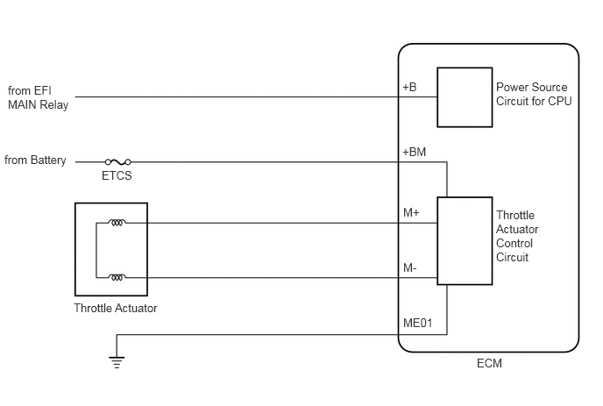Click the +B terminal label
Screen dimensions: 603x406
coord(409,87)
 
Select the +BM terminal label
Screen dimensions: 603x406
coord(415,152)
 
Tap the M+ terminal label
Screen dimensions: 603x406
coord(411,212)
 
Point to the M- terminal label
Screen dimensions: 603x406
coord(410,267)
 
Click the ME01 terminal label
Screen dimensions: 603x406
coord(418,323)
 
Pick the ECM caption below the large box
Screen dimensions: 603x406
coord(489,363)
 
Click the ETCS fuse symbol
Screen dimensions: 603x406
coord(117,162)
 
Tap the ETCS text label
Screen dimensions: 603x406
coord(117,175)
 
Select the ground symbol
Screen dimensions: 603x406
coord(117,362)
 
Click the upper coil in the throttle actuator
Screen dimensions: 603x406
coord(117,223)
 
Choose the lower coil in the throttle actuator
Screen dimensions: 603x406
coord(117,277)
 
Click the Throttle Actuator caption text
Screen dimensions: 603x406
coord(116,309)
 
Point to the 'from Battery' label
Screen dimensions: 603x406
coord(35,160)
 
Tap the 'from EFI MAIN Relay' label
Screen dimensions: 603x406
coord(38,97)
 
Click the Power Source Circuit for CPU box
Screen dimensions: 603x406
coord(465,97)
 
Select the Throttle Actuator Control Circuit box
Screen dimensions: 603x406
coord(465,241)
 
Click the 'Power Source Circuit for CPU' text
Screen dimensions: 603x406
coord(534,94)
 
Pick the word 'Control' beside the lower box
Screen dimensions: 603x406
coord(514,243)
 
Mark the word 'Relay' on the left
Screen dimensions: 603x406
coord(54,104)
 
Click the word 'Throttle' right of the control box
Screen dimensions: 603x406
coord(515,215)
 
